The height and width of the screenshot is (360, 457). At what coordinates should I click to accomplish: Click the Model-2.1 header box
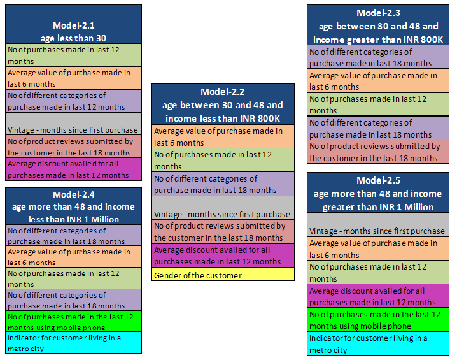coord(73,24)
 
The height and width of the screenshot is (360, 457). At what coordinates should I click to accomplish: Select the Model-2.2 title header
coord(223,104)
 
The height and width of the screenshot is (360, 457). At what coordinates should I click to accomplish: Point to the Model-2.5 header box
coord(379,193)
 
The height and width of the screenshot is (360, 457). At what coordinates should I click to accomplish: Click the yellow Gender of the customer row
coord(223,275)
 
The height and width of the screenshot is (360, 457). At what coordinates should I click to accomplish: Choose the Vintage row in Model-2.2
coord(223,208)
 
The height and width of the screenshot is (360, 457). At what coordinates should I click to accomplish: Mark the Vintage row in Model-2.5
coord(379,225)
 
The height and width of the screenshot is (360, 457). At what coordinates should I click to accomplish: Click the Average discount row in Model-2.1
coord(73,169)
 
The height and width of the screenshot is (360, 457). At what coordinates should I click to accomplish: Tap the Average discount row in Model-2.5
coord(379,296)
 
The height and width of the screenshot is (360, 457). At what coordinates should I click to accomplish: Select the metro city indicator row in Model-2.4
coord(73,342)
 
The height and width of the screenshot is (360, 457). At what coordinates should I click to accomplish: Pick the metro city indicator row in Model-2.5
coord(379,343)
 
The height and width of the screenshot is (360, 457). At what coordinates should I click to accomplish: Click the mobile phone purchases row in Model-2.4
coord(73,320)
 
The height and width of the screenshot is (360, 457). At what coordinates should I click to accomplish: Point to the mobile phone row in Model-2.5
coord(379,320)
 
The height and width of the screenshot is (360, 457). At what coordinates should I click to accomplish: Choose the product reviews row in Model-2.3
coord(379,152)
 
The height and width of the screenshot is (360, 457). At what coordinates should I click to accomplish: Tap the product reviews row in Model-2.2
coord(223,231)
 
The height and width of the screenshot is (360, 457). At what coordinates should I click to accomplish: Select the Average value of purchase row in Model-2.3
coord(379,81)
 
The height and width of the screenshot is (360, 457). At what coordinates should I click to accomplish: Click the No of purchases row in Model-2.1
coord(73,55)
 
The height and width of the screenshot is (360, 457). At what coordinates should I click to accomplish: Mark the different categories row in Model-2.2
coord(223,184)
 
